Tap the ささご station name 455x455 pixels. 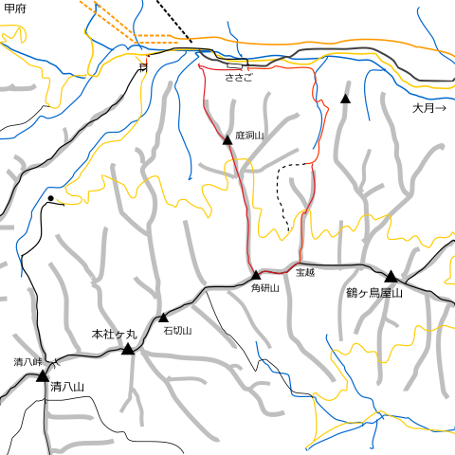[238, 78]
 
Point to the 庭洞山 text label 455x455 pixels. [248, 136]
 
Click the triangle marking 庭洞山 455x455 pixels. [227, 139]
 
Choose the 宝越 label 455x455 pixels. [304, 273]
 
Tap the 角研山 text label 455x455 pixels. [264, 287]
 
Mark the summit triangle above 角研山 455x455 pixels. [256, 275]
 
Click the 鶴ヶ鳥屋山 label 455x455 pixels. [374, 294]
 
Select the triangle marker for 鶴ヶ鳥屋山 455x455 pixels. [390, 276]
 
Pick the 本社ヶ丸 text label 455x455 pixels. [114, 335]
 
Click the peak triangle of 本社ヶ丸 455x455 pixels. [128, 349]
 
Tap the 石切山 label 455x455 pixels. [177, 331]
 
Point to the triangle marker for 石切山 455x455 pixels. [163, 318]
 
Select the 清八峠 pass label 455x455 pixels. [28, 362]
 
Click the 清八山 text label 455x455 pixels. [68, 387]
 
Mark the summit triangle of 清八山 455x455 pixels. [43, 375]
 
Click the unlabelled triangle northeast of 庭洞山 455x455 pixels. [345, 98]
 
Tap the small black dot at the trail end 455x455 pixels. [50, 199]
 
